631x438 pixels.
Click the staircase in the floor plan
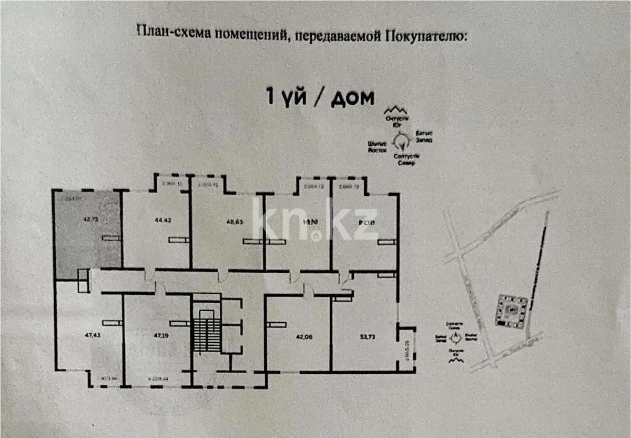[203, 332]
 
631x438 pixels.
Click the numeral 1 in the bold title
[271, 97]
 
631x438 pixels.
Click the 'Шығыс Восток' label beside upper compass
[378, 146]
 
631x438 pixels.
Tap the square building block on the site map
[511, 311]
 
